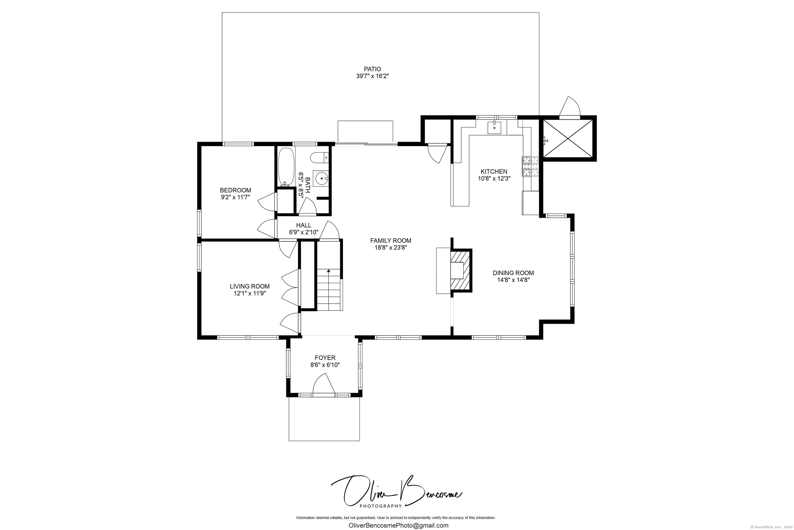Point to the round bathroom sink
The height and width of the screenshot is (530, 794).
(321, 178)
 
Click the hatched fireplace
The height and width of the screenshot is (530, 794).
(461, 270)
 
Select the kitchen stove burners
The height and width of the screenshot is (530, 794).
(530, 166)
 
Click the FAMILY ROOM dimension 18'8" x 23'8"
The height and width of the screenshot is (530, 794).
(391, 248)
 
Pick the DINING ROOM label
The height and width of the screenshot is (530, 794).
(513, 273)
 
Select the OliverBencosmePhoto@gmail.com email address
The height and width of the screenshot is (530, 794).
(398, 526)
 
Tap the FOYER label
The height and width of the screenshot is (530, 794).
(325, 358)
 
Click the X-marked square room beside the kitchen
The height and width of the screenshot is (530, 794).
(568, 139)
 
